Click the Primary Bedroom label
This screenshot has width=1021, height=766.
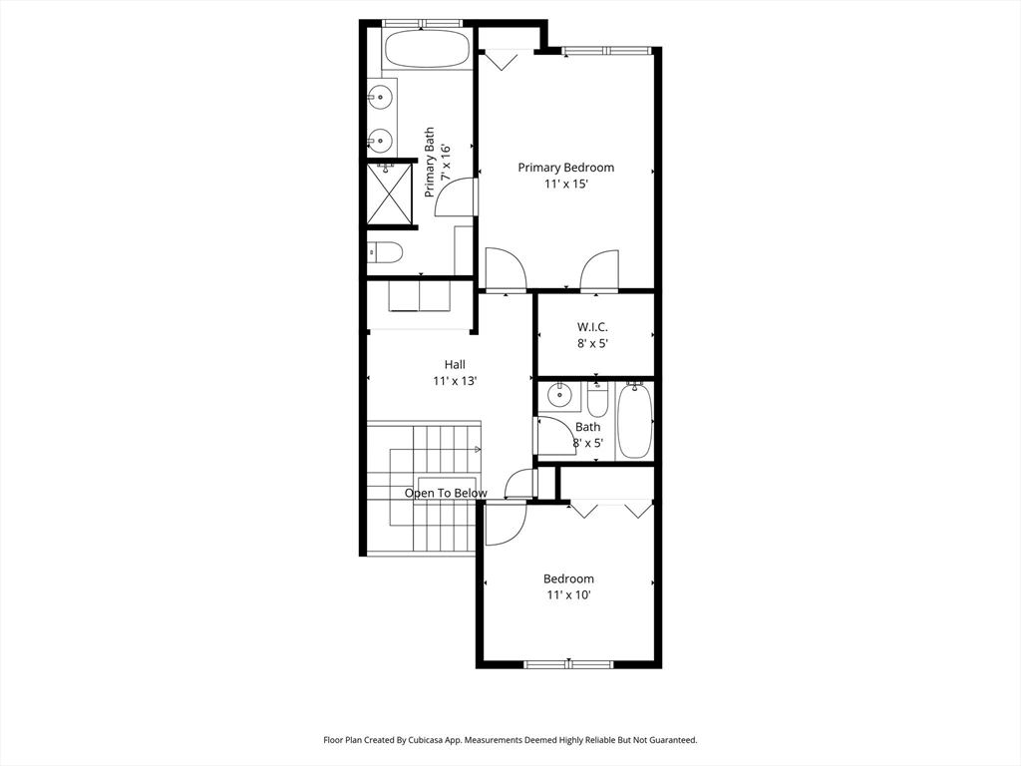(x=566, y=168)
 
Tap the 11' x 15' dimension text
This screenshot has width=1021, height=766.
(x=566, y=185)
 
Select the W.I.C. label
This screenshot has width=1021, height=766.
(x=592, y=327)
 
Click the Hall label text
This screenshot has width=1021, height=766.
(x=455, y=365)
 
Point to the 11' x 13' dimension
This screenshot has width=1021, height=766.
(x=455, y=381)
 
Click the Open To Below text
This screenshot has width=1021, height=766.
(x=446, y=493)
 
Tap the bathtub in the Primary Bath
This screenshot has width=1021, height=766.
(x=426, y=49)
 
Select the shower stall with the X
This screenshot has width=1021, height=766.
(x=390, y=193)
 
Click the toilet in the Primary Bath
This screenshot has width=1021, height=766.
(x=384, y=251)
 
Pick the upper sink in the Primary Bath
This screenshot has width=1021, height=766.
(x=380, y=97)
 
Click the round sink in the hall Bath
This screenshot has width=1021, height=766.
(x=558, y=394)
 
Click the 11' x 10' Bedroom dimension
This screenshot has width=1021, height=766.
(x=568, y=594)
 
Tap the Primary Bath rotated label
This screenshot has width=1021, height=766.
(x=437, y=163)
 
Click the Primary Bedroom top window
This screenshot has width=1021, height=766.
(x=607, y=50)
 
